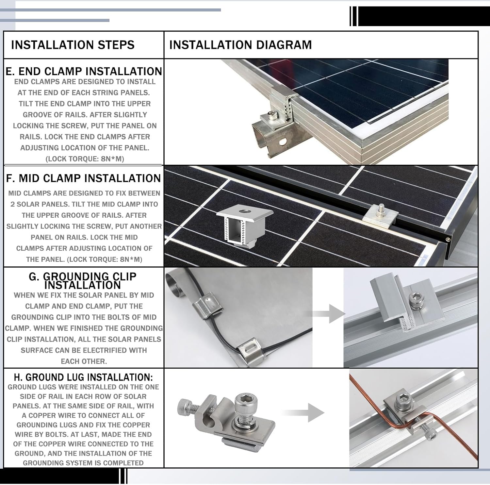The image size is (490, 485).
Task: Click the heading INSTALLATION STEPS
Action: (73, 45)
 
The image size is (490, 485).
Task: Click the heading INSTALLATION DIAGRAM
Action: (240, 45)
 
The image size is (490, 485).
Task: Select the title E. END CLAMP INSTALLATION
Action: (84, 71)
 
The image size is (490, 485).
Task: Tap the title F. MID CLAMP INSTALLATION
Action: (83, 178)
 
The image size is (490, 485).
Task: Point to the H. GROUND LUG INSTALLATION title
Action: (83, 377)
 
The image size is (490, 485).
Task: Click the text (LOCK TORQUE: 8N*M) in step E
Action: (85, 159)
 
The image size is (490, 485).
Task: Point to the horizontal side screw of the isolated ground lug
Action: (188, 407)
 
